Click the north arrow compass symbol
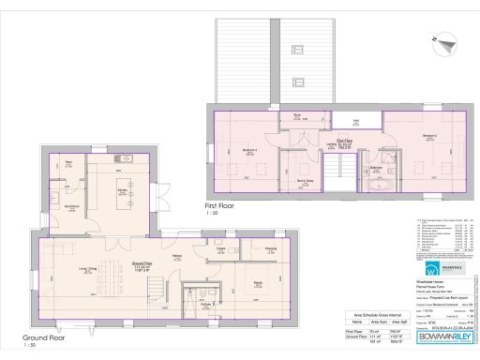443,42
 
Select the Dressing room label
270,248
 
